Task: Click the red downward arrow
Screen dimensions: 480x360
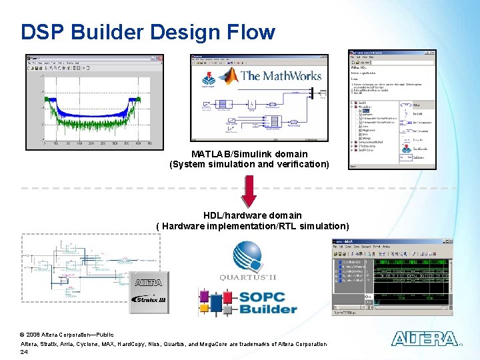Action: pyautogui.click(x=249, y=191)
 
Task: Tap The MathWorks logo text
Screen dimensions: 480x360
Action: pyautogui.click(x=281, y=76)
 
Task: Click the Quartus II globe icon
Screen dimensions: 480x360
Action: pyautogui.click(x=247, y=256)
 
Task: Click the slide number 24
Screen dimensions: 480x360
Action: pyautogui.click(x=24, y=351)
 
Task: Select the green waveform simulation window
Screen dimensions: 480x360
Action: pyautogui.click(x=392, y=276)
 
